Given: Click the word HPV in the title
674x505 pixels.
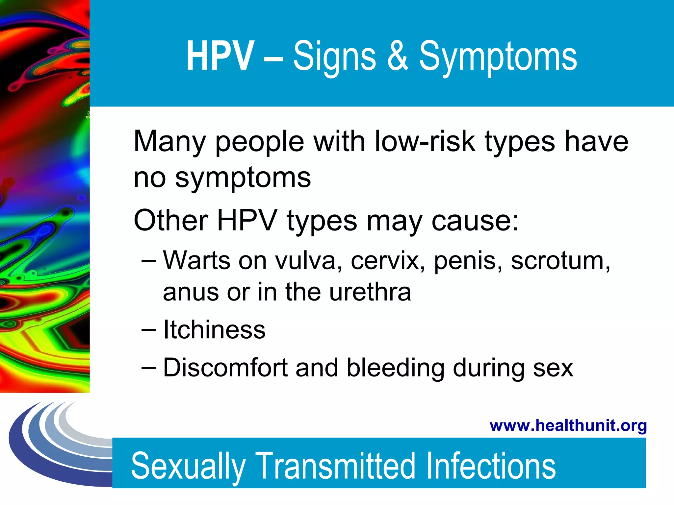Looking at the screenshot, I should point(220,56).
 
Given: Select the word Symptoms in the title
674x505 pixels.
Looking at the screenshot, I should point(498,58).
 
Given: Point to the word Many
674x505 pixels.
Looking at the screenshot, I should point(169,142).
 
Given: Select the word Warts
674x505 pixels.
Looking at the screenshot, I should point(196,260).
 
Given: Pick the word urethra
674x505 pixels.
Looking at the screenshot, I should point(370,292).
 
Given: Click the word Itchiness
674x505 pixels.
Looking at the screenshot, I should point(214,330).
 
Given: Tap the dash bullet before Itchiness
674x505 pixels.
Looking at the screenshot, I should point(149,330).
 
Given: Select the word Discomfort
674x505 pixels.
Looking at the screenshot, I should point(225,368).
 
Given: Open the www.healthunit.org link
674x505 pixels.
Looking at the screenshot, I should point(568,425).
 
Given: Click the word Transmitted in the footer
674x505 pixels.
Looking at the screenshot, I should point(335,466).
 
